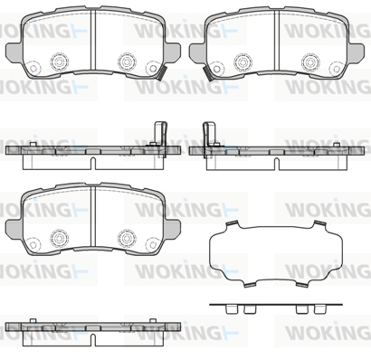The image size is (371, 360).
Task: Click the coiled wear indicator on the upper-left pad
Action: point(162,73)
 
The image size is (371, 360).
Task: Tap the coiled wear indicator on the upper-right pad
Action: point(208,73)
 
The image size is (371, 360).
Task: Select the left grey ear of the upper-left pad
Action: point(14,51)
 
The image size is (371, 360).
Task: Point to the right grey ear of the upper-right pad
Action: point(356,52)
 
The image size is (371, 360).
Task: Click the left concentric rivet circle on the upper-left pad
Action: point(59,62)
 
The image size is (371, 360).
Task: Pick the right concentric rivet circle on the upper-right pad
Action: point(310,62)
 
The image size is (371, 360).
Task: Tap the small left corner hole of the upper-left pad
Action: point(33,68)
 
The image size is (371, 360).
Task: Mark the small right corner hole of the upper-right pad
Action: point(336,69)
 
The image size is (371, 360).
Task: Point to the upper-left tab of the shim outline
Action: point(232,224)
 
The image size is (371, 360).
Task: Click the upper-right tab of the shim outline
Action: point(320,224)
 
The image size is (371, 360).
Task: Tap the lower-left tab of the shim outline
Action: point(250,284)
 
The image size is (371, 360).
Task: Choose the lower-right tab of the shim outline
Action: point(302,284)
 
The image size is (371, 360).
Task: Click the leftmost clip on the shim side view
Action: point(230,309)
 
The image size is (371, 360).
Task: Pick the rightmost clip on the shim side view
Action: point(319,309)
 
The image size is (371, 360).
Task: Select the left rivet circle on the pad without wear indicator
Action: point(59,238)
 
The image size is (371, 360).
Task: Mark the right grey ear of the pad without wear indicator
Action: point(172,228)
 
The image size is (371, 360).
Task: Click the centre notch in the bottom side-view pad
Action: point(93,340)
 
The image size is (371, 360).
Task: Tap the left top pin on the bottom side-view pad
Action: point(33,320)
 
